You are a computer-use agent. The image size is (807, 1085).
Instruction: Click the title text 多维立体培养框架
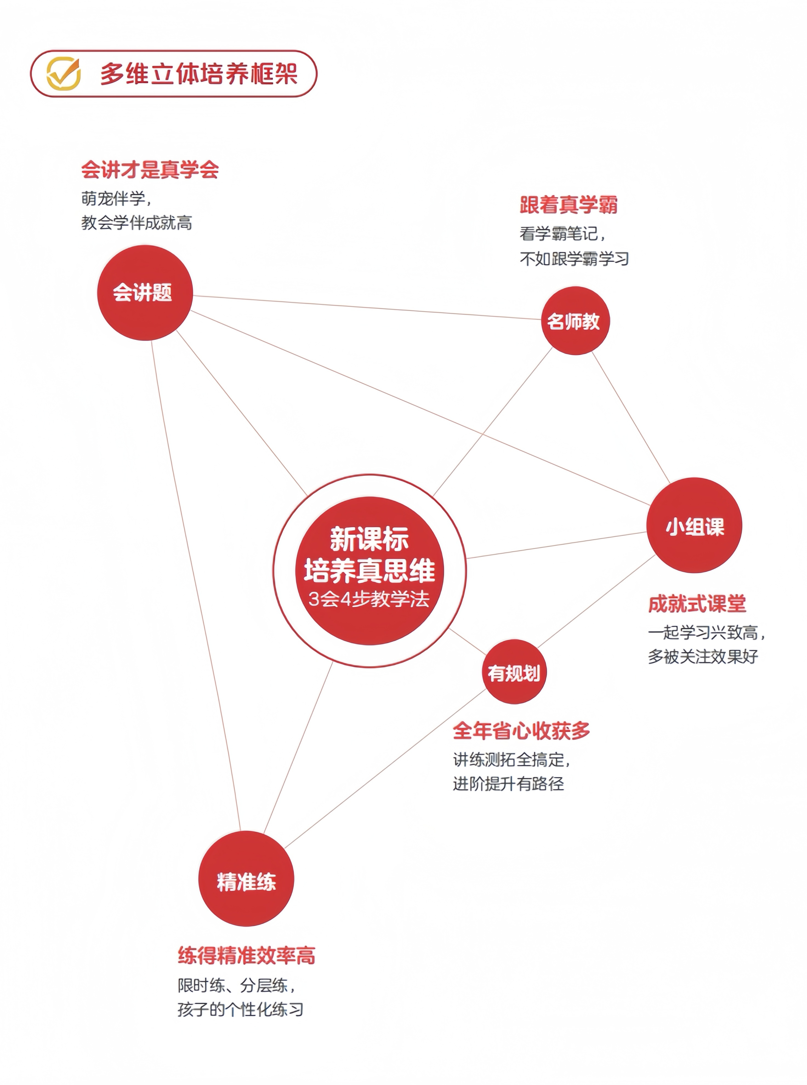pyautogui.click(x=199, y=74)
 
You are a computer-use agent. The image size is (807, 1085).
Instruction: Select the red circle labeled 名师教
pyautogui.click(x=575, y=321)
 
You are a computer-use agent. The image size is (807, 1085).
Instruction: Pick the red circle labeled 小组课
pyautogui.click(x=694, y=526)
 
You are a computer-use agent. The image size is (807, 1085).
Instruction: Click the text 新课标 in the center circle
pyautogui.click(x=369, y=539)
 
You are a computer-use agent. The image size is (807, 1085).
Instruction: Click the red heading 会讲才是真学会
pyautogui.click(x=150, y=170)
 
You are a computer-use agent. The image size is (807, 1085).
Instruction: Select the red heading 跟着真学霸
pyautogui.click(x=568, y=205)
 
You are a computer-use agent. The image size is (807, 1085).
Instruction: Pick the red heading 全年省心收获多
pyautogui.click(x=521, y=730)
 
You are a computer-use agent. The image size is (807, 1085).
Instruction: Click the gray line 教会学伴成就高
pyautogui.click(x=137, y=223)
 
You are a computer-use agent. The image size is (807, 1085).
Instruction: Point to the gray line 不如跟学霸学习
pyautogui.click(x=574, y=259)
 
